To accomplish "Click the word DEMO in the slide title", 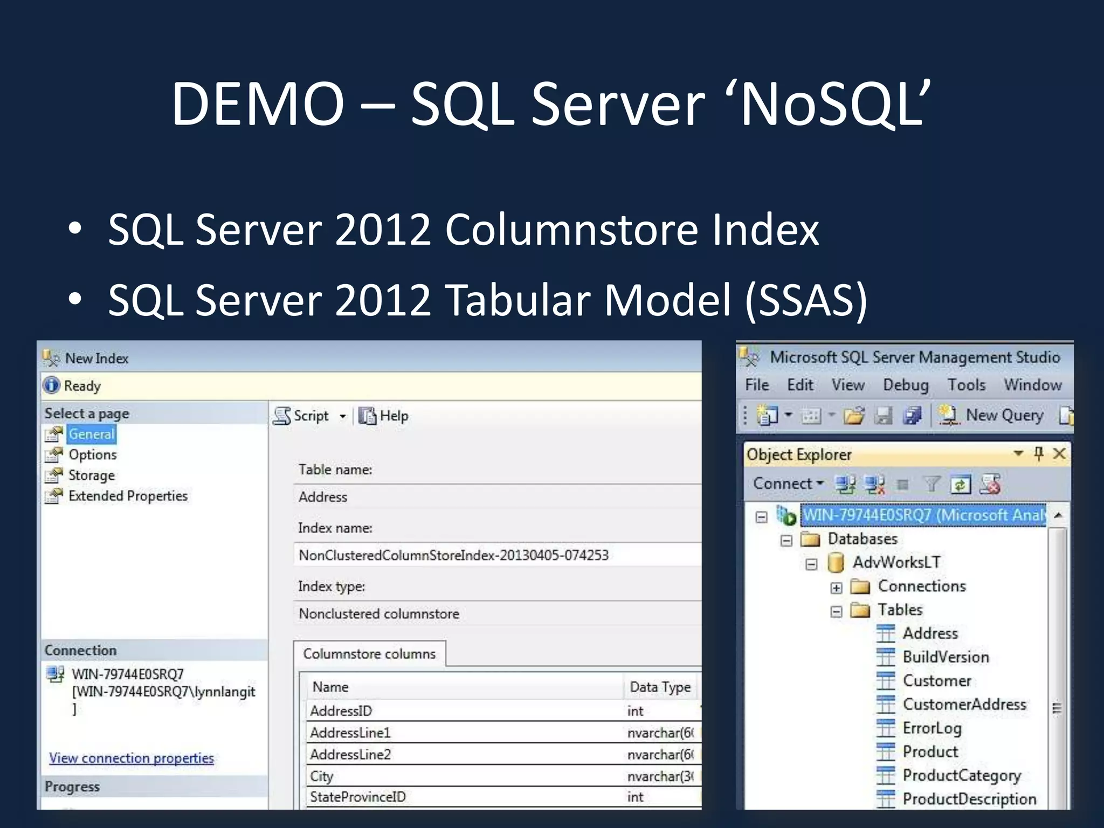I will [x=258, y=103].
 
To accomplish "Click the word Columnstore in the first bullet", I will [x=571, y=230].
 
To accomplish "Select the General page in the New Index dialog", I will [x=91, y=434].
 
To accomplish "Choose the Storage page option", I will [x=91, y=475].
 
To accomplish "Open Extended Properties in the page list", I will [x=128, y=496].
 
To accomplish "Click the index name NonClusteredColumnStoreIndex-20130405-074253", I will [x=453, y=555].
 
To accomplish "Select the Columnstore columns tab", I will [x=369, y=654].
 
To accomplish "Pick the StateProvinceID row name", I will [x=357, y=797].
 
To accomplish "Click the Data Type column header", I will [x=660, y=687].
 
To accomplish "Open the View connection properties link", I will [x=132, y=758].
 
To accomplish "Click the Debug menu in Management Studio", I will [x=906, y=385].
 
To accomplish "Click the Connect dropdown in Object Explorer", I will [x=788, y=484].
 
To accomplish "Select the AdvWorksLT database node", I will [x=896, y=563].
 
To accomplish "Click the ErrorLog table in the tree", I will [x=931, y=728].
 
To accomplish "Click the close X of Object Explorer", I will [x=1059, y=453].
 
